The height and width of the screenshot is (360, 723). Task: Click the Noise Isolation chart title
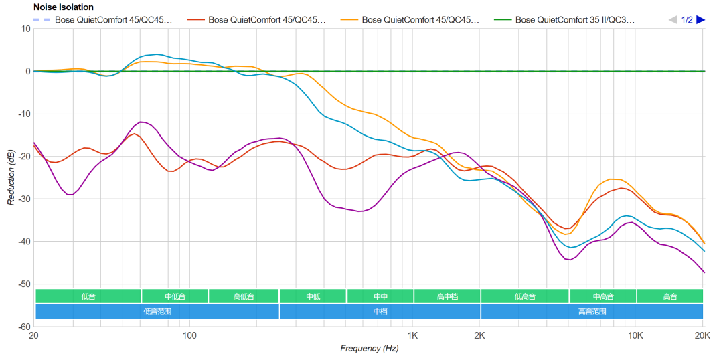(x=64, y=7)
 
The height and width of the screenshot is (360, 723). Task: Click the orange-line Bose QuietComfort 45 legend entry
(x=420, y=20)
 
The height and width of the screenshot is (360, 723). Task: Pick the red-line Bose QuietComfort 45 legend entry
(x=266, y=20)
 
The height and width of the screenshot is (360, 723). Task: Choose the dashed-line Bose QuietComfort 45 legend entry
(x=113, y=20)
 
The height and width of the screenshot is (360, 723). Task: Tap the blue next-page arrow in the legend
(x=700, y=20)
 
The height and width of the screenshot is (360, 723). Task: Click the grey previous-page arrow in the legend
(x=673, y=20)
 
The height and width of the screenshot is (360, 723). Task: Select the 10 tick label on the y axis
(x=25, y=29)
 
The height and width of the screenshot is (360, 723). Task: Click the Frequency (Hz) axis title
(x=369, y=348)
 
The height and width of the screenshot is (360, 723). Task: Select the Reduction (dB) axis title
(x=11, y=177)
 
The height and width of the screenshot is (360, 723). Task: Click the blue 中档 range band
(x=380, y=311)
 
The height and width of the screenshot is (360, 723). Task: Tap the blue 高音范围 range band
(x=592, y=311)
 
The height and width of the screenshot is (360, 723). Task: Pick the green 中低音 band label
(x=175, y=296)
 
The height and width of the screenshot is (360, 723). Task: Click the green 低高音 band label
(x=525, y=296)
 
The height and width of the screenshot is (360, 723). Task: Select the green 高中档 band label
(x=447, y=296)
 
